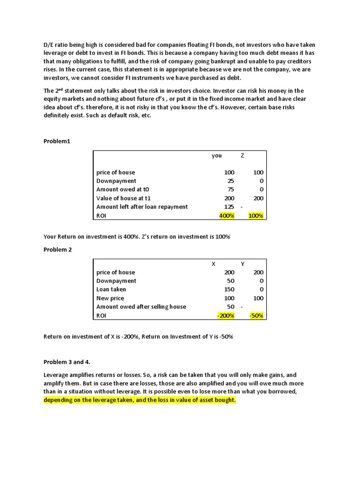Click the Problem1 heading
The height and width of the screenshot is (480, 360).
pos(57,141)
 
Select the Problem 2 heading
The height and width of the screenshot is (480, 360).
pos(58,249)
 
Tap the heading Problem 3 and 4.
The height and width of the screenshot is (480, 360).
pos(67,362)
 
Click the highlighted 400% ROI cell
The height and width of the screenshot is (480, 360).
pos(227,216)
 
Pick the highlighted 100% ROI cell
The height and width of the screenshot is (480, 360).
pos(256,216)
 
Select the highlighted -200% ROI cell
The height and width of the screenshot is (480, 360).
pos(226,315)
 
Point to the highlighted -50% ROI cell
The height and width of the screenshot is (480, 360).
pos(256,315)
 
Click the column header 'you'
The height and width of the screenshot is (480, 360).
pos(217,156)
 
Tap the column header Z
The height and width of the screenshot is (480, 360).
pos(242,156)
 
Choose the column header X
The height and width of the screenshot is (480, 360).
pos(214,264)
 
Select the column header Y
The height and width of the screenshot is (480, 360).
pos(242,264)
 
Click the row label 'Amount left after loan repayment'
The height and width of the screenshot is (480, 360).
pos(142,207)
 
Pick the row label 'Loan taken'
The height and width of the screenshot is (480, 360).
pos(111,289)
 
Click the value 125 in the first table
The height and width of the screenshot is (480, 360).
pos(229,207)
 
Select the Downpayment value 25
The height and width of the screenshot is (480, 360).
pos(231,181)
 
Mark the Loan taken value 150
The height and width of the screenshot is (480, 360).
pos(229,289)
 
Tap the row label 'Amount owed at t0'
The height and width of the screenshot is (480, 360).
pos(123,189)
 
